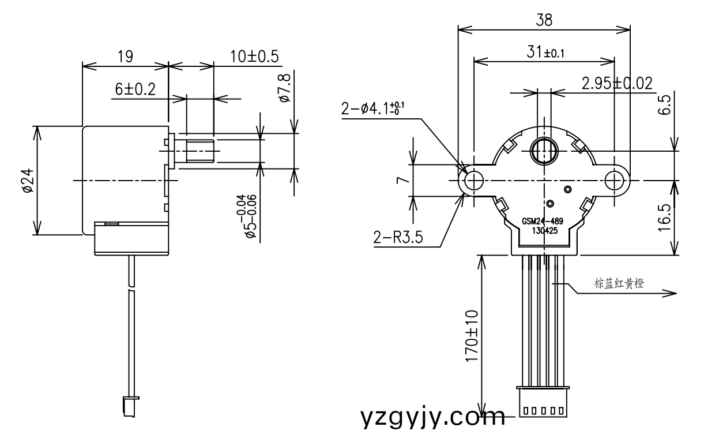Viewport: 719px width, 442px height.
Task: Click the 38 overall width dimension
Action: pyautogui.click(x=544, y=20)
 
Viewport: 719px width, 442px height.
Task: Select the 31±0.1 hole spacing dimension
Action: pyautogui.click(x=545, y=52)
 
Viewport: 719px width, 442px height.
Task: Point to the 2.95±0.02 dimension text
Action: pyautogui.click(x=616, y=84)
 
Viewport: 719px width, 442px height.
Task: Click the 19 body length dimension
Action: pyautogui.click(x=125, y=57)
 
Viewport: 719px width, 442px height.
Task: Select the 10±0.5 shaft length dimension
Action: pyautogui.click(x=254, y=57)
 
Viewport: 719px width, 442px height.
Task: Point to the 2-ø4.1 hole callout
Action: pyautogui.click(x=372, y=109)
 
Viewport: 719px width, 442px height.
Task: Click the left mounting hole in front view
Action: pyautogui.click(x=473, y=181)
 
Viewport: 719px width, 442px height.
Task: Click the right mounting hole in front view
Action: pyautogui.click(x=615, y=181)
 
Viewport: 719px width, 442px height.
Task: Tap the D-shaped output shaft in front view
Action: pyautogui.click(x=543, y=151)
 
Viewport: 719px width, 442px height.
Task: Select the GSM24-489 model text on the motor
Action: pyautogui.click(x=542, y=221)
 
